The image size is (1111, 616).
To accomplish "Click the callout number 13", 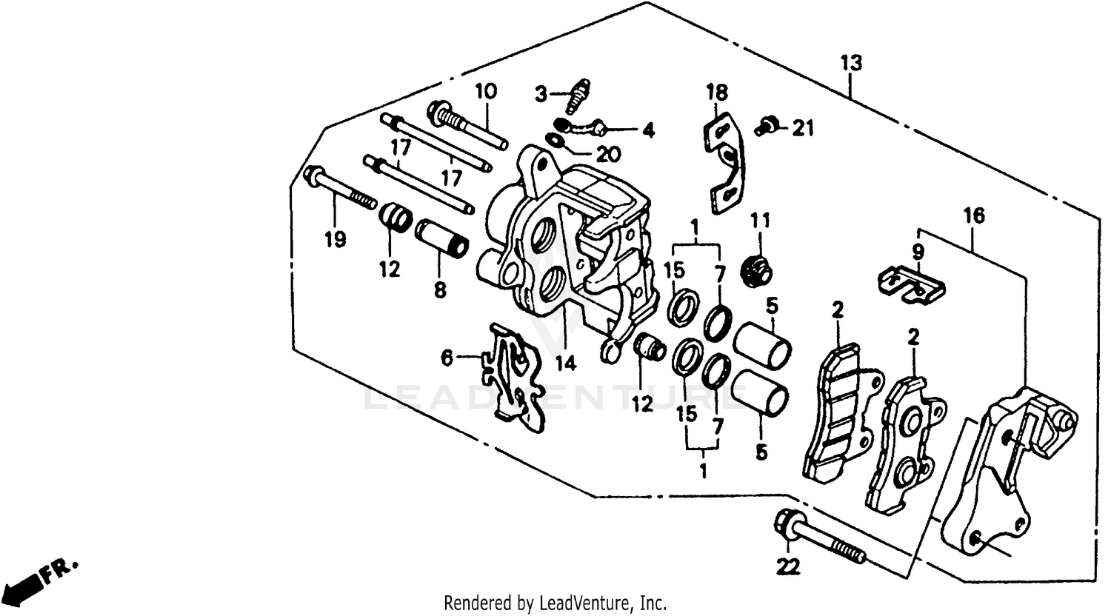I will point(851,63).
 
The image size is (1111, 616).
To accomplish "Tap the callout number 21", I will point(801,129).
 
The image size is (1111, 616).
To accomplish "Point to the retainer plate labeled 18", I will point(723,161).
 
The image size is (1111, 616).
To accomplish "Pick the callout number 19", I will point(336,240).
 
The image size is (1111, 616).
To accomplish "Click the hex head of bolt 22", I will point(786,524).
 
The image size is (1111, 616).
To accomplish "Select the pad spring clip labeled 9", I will point(911,285).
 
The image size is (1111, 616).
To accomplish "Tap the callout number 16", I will point(974,216).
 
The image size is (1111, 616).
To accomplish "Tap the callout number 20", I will point(609,154).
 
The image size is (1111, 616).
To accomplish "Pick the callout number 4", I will point(648,131).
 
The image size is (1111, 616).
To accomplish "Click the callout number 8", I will point(440,290).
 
